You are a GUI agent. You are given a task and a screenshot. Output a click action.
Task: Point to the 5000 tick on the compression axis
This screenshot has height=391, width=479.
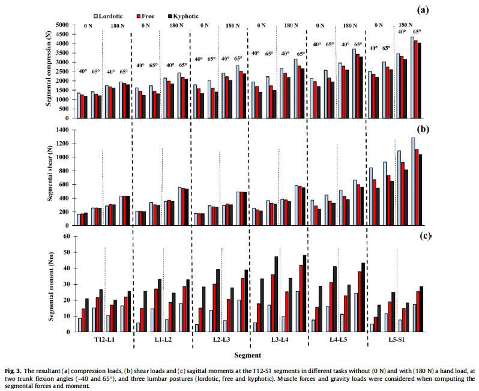click(x=62, y=25)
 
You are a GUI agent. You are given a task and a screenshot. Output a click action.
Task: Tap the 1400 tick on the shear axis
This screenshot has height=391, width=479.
click(x=62, y=130)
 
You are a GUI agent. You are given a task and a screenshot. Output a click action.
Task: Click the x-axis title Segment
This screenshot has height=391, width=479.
click(x=247, y=356)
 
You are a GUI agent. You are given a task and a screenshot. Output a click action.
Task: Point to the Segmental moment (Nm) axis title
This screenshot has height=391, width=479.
click(x=49, y=282)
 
